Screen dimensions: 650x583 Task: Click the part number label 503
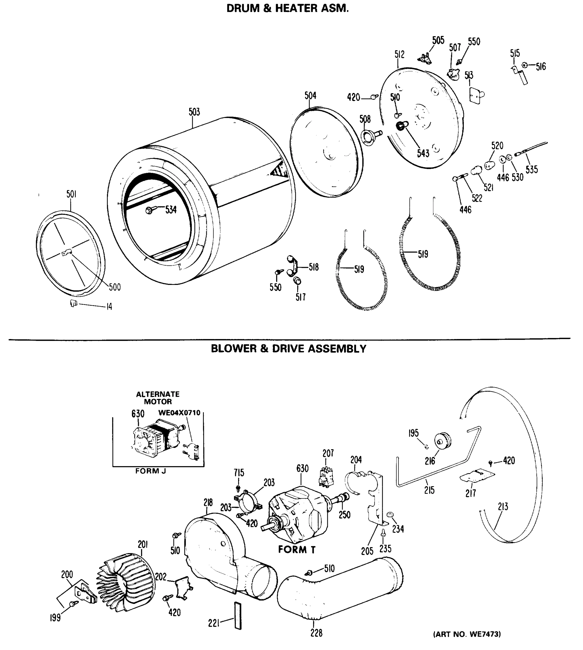[x=194, y=112]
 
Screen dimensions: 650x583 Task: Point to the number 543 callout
[x=423, y=153]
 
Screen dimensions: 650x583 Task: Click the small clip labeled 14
[x=74, y=303]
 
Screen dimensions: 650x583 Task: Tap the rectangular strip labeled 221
[x=238, y=615]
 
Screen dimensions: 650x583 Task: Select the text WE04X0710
[x=179, y=413]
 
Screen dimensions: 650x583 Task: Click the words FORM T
[x=297, y=550]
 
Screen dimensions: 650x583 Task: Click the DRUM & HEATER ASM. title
[x=287, y=8]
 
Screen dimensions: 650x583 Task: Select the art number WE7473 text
[x=467, y=634]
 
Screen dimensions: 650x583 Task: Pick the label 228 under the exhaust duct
[x=316, y=633]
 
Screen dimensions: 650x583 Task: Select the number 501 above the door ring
[x=71, y=194]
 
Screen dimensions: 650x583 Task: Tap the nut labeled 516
[x=524, y=65]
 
